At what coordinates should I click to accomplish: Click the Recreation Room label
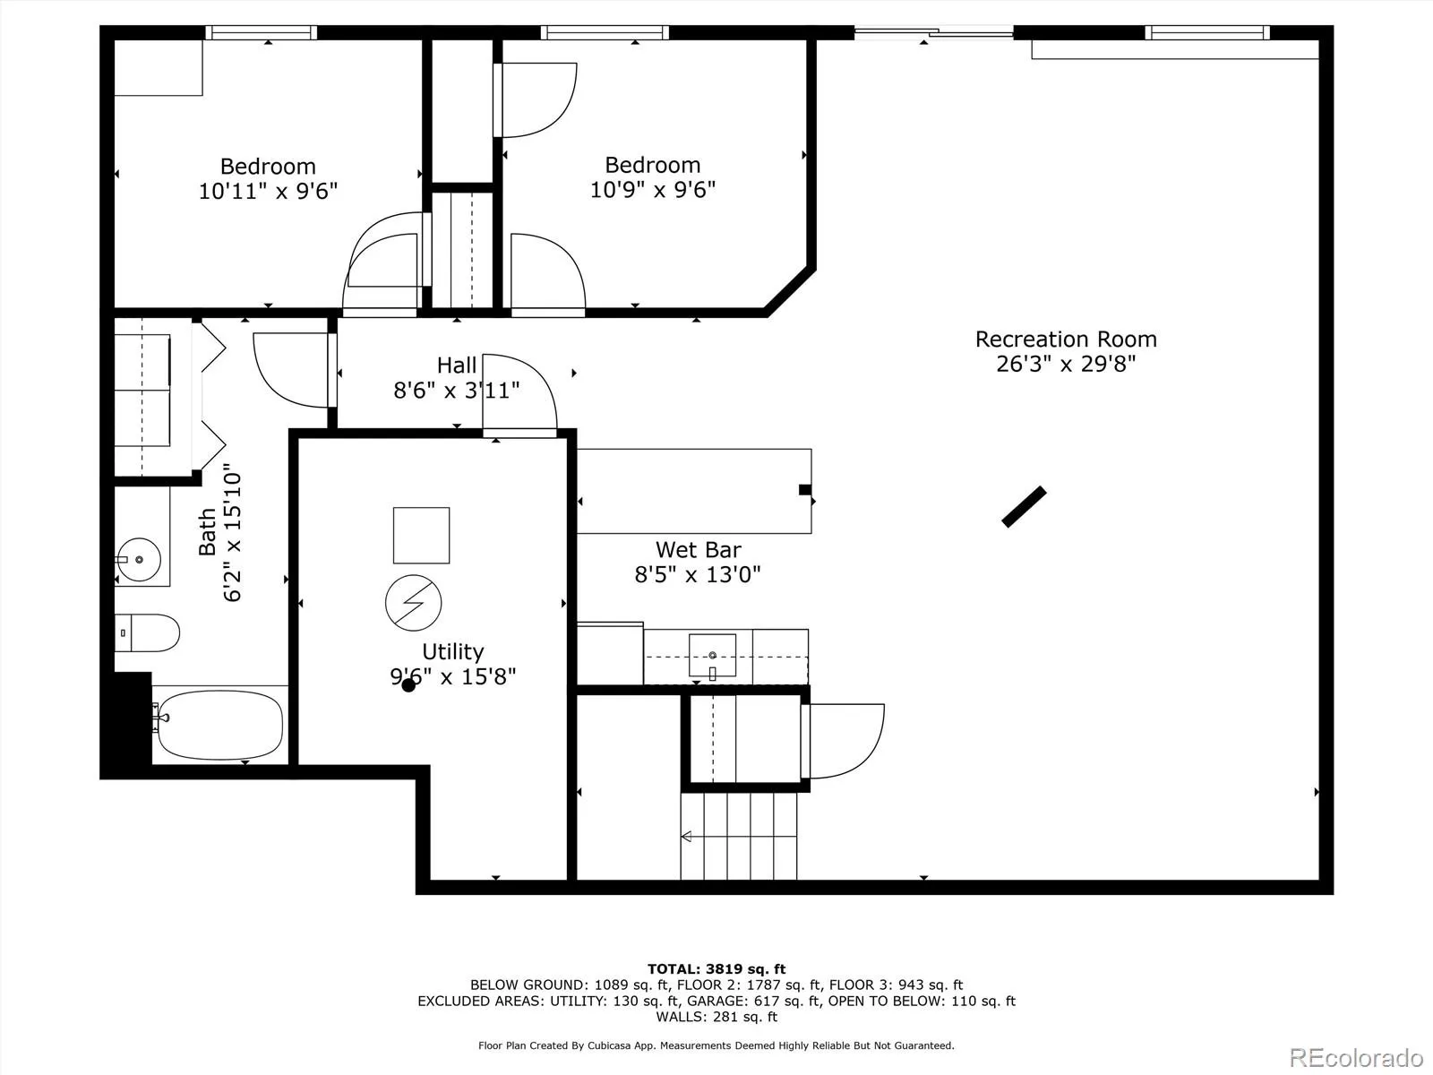tap(1066, 340)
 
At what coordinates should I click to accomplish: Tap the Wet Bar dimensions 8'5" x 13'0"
tap(698, 574)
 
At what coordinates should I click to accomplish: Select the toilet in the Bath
tap(147, 632)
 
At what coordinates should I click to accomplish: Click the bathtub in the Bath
tap(220, 725)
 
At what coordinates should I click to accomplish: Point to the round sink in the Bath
tap(139, 559)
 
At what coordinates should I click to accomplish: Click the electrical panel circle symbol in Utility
tap(413, 602)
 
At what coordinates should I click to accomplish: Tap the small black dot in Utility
tap(408, 684)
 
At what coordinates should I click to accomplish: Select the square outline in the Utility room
tap(421, 535)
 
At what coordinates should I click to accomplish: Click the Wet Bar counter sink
tap(712, 656)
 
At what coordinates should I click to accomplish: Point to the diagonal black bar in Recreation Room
tap(1025, 506)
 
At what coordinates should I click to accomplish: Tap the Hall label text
tap(457, 365)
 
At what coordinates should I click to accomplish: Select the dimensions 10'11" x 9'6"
tap(268, 191)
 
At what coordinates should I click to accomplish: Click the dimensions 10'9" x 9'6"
tap(653, 190)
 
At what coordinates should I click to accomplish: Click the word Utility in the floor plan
tap(453, 651)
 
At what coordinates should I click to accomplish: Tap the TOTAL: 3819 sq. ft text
tap(716, 968)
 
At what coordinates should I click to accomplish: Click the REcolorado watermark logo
tap(1356, 1057)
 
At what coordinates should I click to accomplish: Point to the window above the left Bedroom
tap(262, 32)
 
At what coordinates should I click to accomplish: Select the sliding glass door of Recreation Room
tap(933, 31)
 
